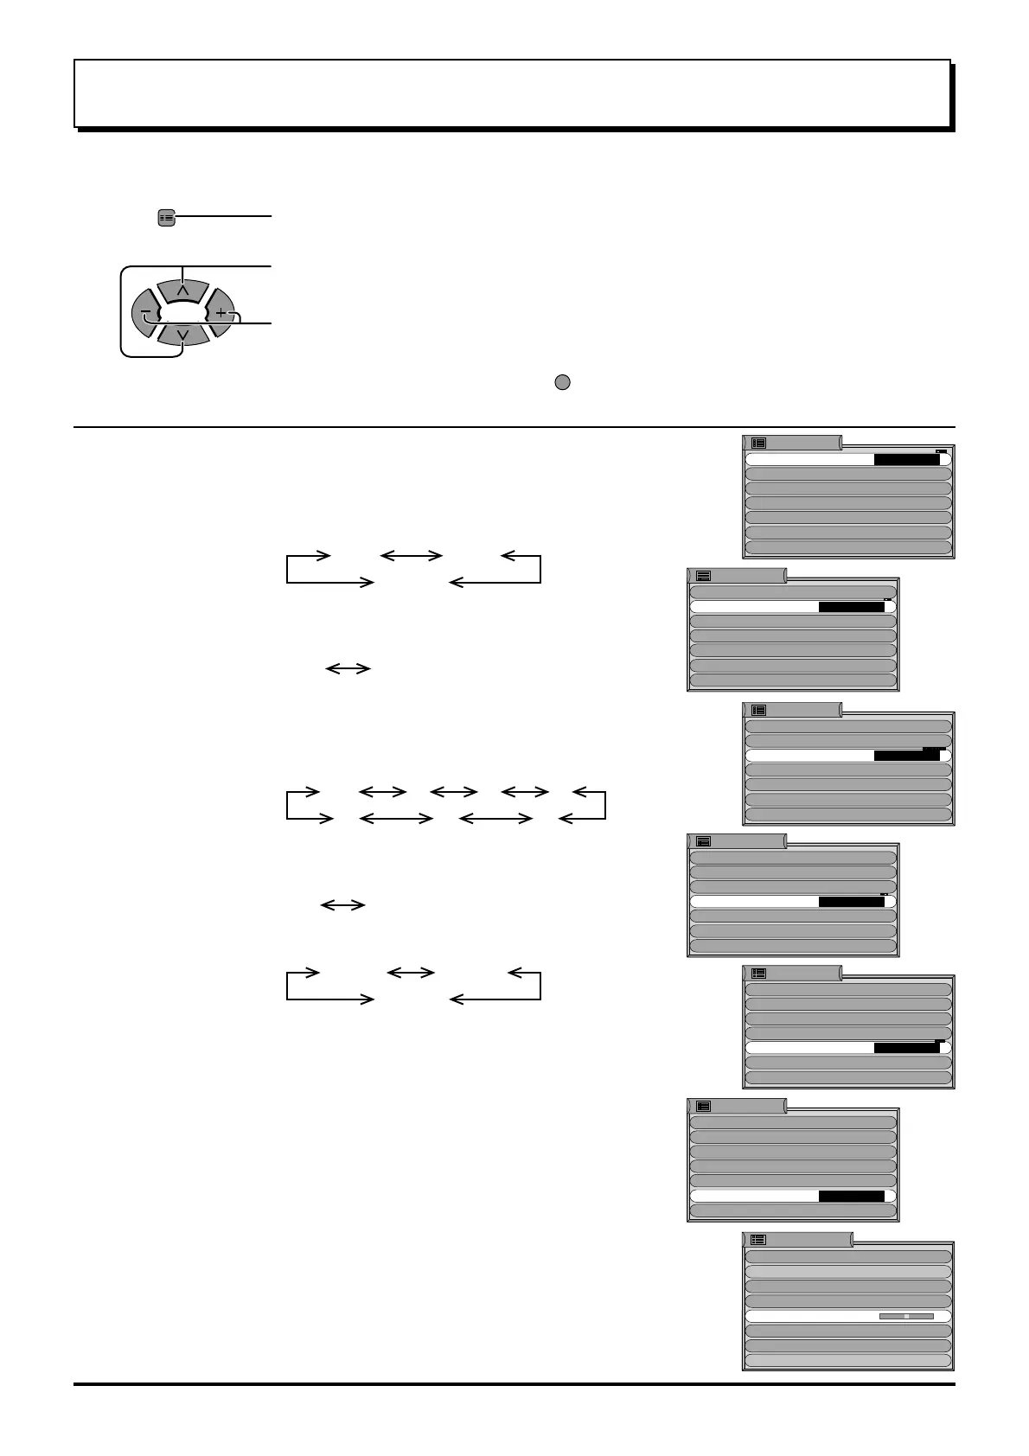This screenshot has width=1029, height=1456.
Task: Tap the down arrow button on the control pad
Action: click(182, 334)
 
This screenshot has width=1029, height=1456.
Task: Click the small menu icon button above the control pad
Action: click(167, 218)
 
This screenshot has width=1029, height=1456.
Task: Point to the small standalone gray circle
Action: click(562, 383)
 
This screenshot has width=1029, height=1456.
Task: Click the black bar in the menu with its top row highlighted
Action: click(906, 460)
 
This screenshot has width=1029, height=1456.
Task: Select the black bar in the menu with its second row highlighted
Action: click(851, 607)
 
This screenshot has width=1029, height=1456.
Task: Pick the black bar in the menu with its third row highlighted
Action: click(906, 756)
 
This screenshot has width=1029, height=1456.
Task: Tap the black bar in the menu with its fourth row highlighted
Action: click(851, 902)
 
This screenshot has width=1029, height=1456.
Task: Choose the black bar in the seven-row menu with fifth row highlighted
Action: click(906, 1048)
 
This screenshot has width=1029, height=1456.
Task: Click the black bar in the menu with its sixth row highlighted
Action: click(851, 1197)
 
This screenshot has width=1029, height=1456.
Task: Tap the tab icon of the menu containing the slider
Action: click(758, 1240)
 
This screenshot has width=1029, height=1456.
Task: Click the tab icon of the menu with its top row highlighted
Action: click(758, 443)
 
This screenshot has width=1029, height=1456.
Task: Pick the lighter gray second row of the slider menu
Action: click(847, 1272)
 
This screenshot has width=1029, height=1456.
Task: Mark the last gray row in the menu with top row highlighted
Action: click(847, 547)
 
